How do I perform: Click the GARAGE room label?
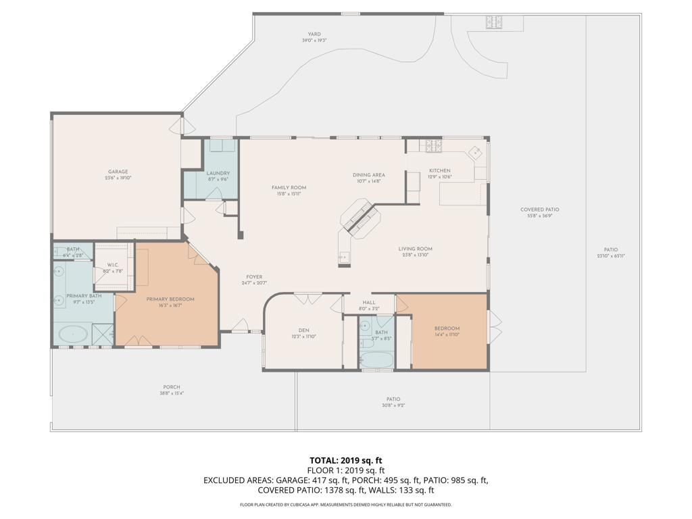[118, 172]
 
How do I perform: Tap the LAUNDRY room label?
[218, 174]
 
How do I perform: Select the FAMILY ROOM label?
[289, 187]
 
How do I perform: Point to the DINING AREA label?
[368, 175]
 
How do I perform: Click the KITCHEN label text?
[439, 171]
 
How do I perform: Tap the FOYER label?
[254, 277]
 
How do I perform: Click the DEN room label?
[303, 330]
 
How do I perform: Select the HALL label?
[368, 303]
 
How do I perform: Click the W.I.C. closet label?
[113, 265]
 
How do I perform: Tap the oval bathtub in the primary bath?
[73, 334]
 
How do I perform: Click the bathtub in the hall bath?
[376, 359]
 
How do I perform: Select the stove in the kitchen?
[433, 145]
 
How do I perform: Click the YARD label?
[314, 34]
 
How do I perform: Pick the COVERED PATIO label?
[539, 209]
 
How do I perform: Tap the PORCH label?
[172, 387]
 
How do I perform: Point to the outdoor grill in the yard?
[493, 22]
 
